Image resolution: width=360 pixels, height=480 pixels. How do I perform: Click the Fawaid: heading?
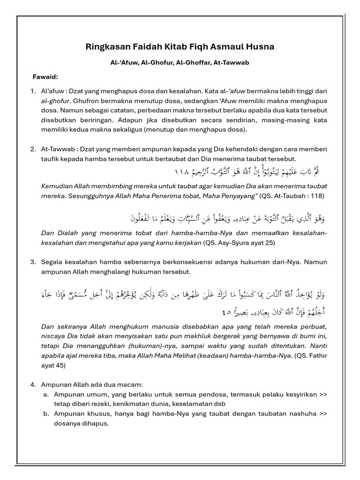[x=45, y=76]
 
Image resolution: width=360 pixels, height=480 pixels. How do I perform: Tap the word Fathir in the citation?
[x=317, y=355]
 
